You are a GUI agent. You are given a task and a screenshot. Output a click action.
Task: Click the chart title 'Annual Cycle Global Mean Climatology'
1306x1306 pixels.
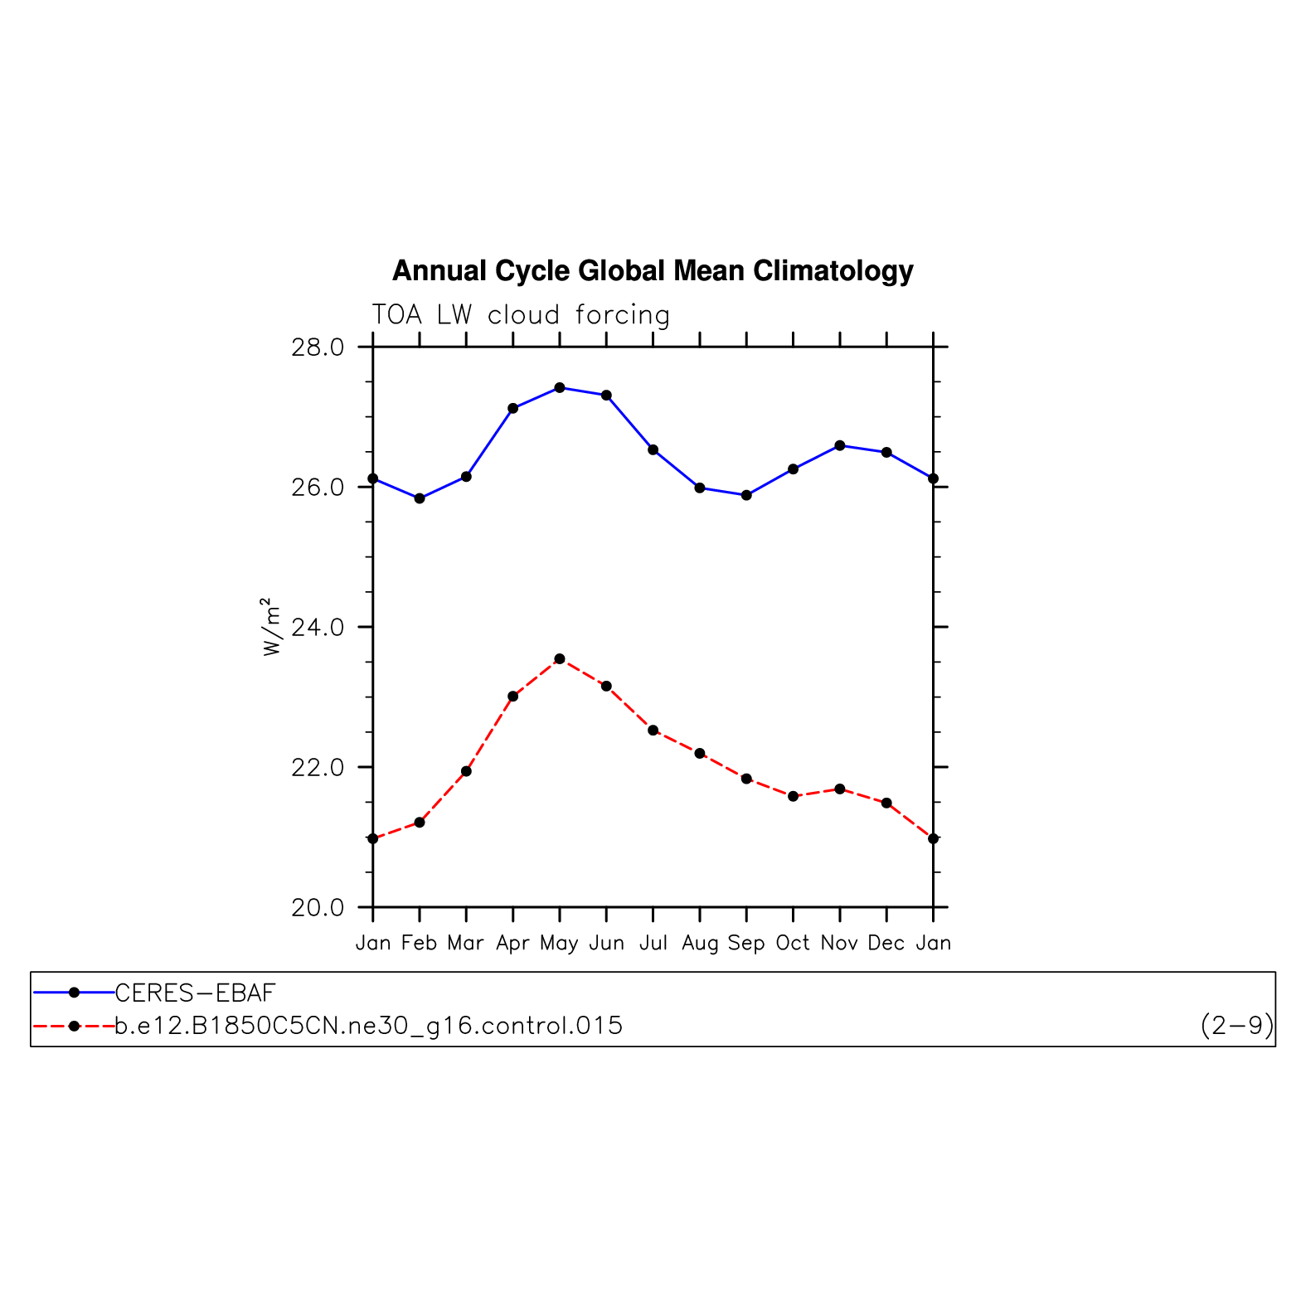point(653,271)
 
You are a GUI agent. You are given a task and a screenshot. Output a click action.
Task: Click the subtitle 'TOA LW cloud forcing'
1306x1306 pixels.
point(520,315)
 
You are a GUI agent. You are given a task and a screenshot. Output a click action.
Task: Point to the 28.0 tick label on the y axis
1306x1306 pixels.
point(318,347)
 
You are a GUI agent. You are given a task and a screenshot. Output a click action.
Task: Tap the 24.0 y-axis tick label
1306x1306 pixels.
point(318,628)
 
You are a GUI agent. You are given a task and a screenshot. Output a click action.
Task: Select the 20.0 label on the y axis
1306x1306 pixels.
point(318,908)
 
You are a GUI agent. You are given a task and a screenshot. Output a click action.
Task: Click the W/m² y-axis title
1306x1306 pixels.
point(272,627)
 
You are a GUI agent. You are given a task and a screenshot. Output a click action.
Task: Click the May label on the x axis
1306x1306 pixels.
point(559,944)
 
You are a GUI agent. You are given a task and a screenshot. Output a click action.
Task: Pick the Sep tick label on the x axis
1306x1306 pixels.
point(746,944)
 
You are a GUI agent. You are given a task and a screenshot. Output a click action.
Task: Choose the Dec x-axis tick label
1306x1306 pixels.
point(886,944)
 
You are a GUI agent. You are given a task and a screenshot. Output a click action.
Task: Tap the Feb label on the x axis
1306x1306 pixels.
point(419,944)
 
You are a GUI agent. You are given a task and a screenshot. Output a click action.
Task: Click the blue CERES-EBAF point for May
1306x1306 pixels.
point(560,387)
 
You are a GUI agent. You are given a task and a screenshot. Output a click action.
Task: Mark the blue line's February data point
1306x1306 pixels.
point(420,498)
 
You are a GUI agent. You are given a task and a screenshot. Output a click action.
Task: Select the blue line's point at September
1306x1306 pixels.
point(746,495)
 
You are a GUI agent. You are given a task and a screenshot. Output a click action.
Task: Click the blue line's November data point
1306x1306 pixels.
point(840,445)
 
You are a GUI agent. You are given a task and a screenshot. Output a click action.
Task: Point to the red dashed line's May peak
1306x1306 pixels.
point(560,658)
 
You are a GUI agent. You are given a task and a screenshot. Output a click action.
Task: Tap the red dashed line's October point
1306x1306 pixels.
point(794,796)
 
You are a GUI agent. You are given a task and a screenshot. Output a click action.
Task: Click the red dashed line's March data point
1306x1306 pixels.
point(466,771)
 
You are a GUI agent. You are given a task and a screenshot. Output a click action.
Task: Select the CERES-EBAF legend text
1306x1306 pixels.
point(195,993)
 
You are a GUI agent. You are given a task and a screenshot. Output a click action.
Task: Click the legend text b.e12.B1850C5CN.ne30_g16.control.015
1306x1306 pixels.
point(368,1027)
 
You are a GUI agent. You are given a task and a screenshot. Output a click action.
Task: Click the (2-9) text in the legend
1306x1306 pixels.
point(1236,1027)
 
